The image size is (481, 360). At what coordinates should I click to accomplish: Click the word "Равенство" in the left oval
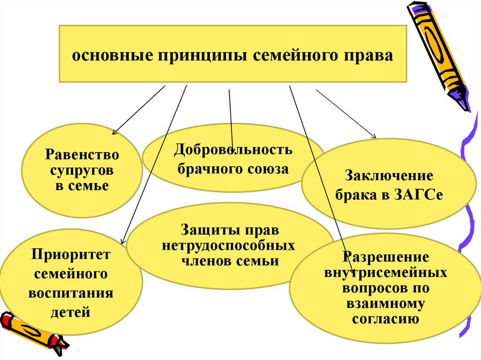coord(82,154)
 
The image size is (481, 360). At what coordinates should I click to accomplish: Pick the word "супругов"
coord(82,170)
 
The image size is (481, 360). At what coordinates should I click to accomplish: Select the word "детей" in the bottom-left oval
coord(71,311)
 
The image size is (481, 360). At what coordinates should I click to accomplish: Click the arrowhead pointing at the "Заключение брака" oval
coord(374,136)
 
